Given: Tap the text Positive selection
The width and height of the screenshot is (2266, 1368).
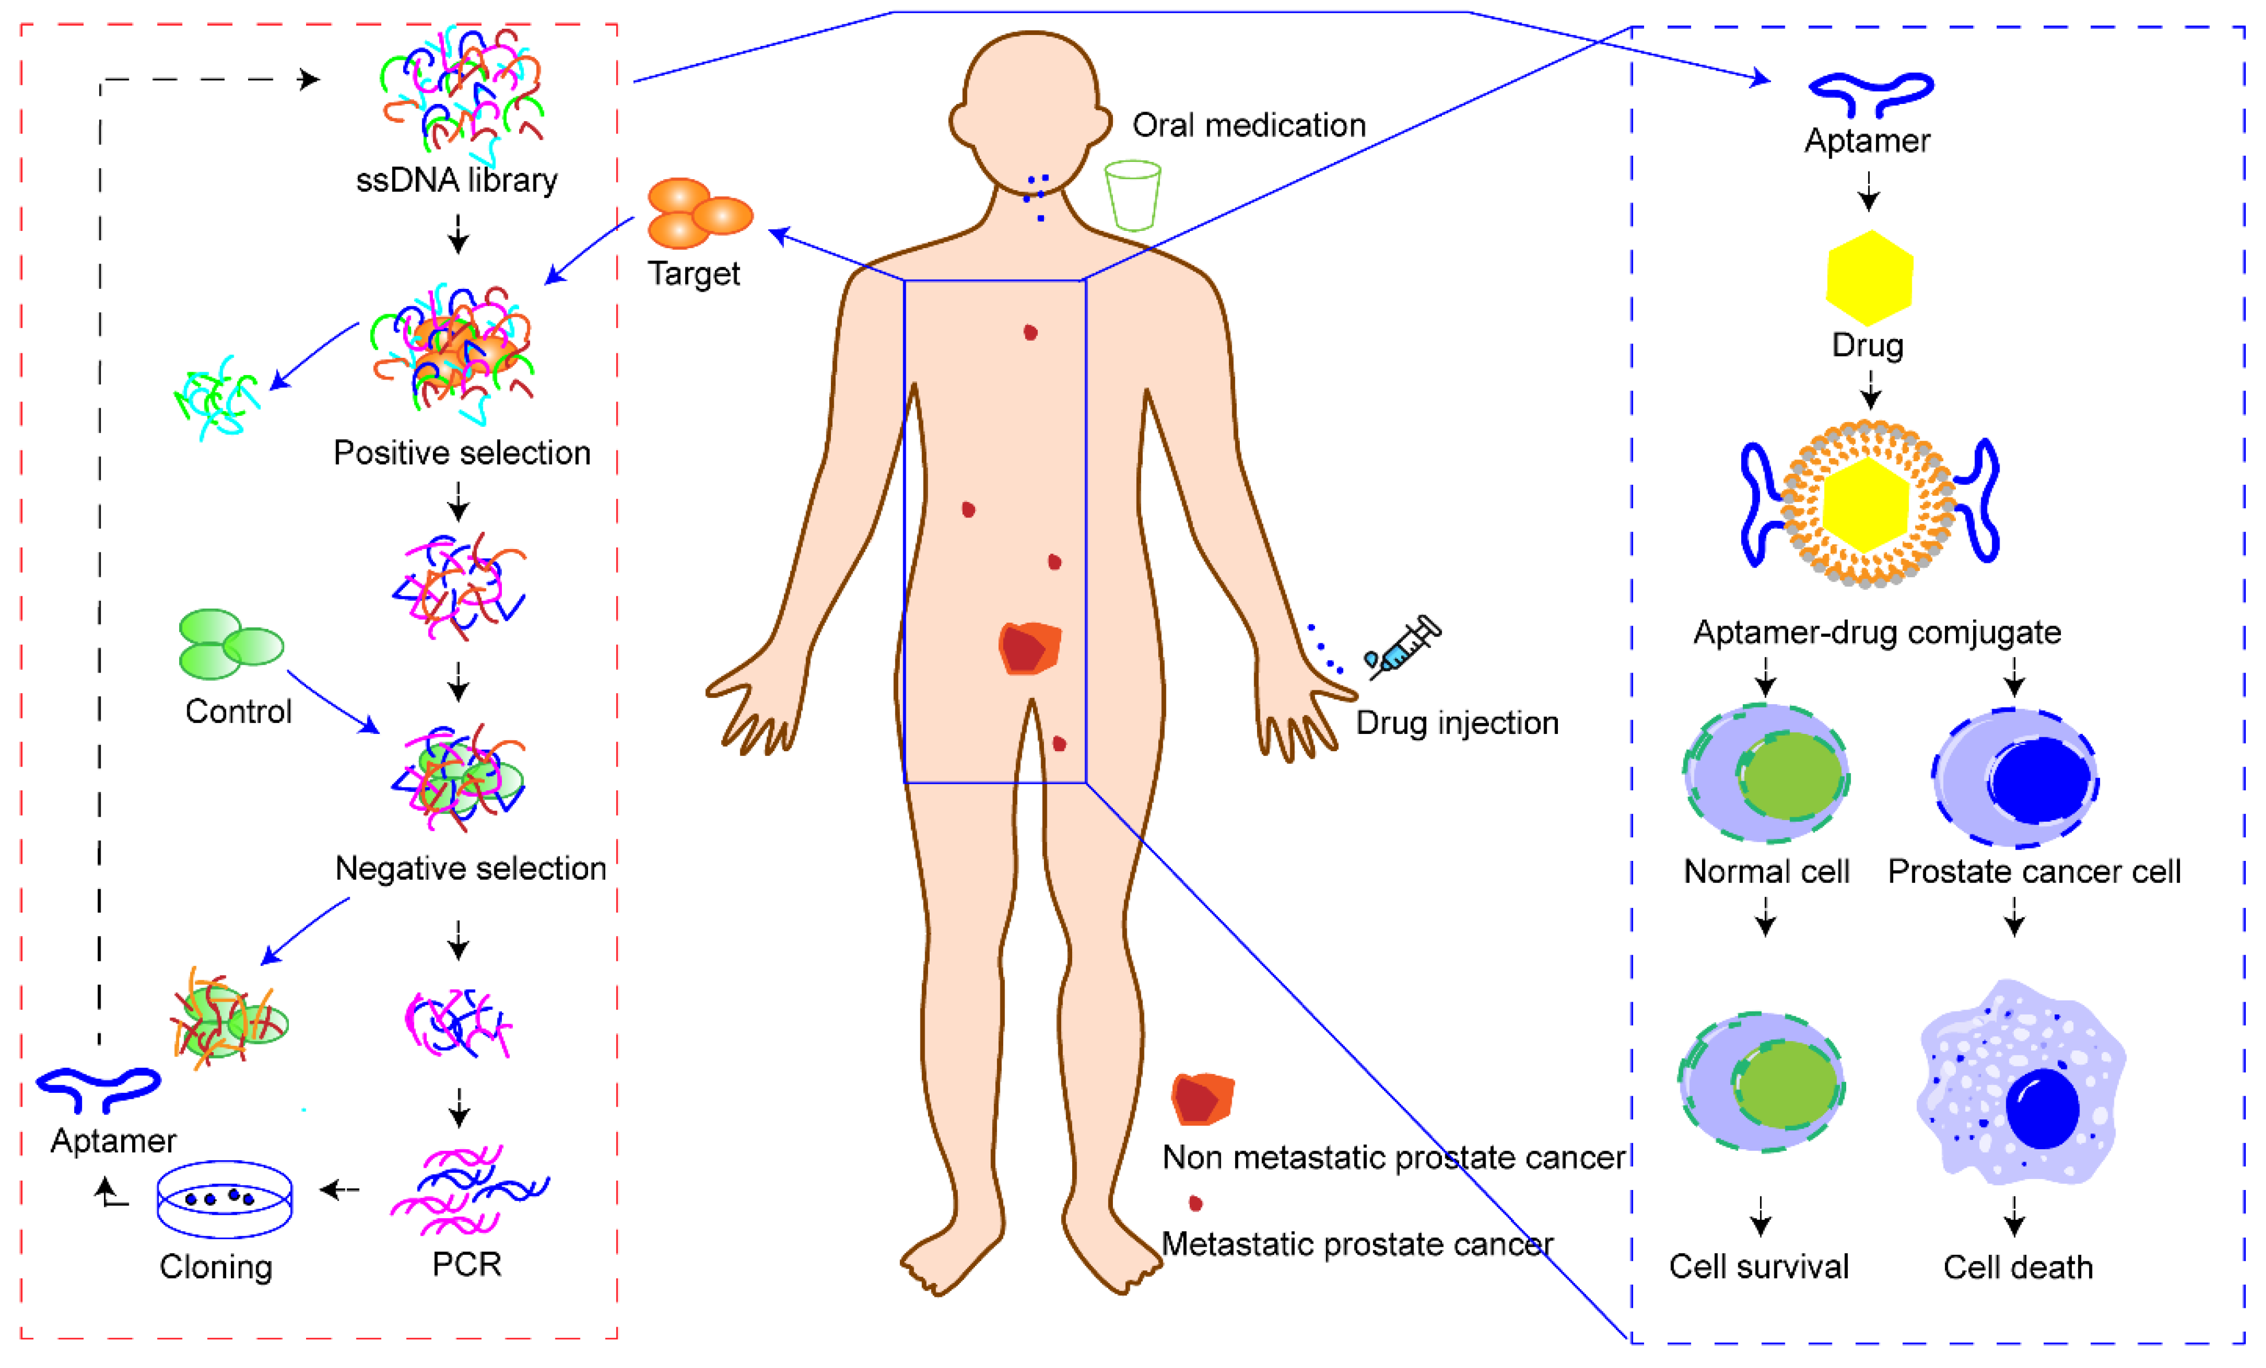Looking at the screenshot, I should coord(462,453).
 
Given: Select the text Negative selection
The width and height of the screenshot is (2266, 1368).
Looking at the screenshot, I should coord(470,868).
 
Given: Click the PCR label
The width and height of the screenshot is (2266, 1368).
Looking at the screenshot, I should coord(466,1264).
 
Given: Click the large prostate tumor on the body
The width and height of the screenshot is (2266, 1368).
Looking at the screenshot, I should coord(1029,648).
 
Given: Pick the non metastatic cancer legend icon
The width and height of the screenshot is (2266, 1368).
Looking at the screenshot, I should coord(1201,1099).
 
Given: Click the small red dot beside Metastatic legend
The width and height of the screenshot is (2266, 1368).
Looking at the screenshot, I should coord(1196,1203).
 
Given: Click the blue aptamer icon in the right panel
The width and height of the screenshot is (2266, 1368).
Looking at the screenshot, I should coord(1870,92).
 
